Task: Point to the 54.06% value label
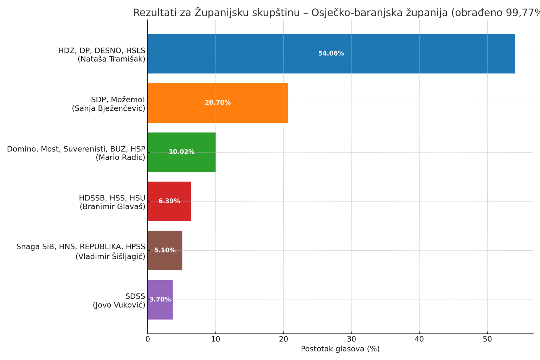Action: (x=331, y=54)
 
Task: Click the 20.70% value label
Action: (x=218, y=103)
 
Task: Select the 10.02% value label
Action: (x=181, y=152)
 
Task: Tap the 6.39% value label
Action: (x=169, y=201)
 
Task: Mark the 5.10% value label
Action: (x=165, y=251)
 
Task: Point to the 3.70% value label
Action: (x=160, y=300)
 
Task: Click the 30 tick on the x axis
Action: (x=351, y=339)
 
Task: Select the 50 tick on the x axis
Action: (x=487, y=339)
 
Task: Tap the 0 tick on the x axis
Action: (x=148, y=339)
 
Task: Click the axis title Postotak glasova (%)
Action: (x=340, y=349)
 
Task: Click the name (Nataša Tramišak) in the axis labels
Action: (x=111, y=59)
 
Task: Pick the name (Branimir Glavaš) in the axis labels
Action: (x=112, y=207)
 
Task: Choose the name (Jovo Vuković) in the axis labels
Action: (x=119, y=305)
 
